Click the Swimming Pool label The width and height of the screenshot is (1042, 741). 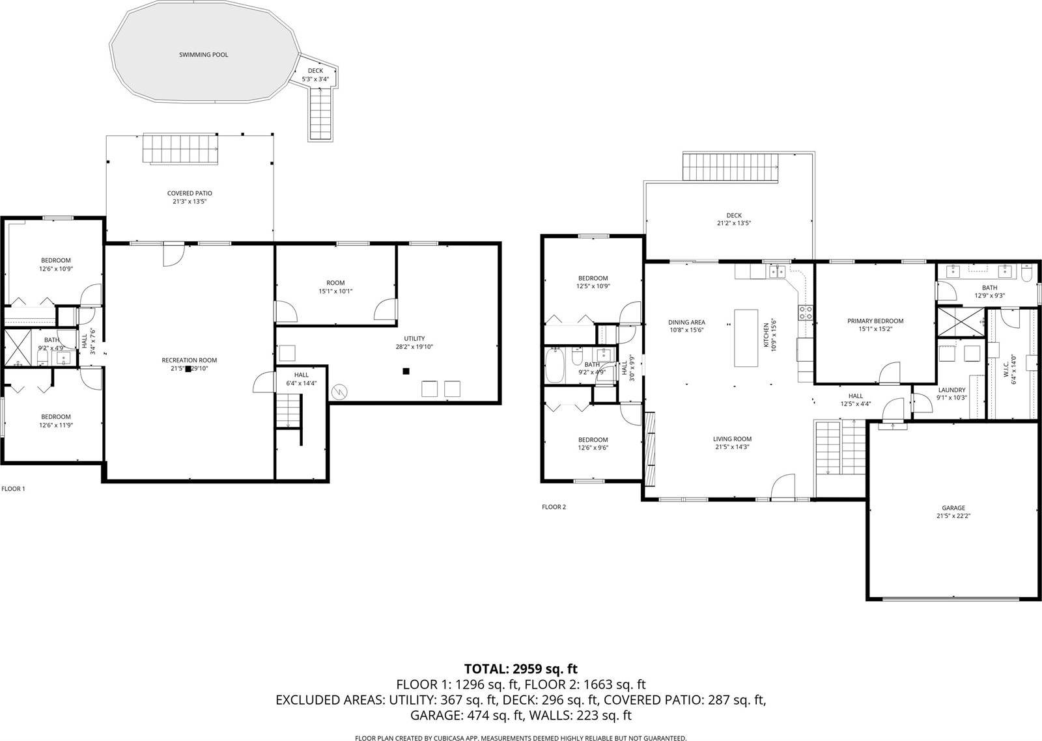click(204, 55)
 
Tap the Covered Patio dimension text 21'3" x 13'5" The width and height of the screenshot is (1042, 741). click(190, 202)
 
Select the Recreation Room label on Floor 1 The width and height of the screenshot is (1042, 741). click(190, 360)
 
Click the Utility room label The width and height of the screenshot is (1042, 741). click(414, 338)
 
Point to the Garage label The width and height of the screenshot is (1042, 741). click(953, 508)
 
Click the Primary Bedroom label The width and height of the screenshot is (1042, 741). click(875, 321)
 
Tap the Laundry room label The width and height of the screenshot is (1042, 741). click(951, 390)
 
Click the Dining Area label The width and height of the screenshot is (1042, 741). click(686, 322)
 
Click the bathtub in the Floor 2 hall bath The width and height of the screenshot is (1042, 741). click(556, 366)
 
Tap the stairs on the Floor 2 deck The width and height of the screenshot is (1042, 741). click(731, 167)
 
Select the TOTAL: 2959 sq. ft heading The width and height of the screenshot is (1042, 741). click(520, 669)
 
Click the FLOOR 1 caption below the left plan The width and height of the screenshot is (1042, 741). click(13, 489)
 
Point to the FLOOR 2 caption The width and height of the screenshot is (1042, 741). click(554, 507)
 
